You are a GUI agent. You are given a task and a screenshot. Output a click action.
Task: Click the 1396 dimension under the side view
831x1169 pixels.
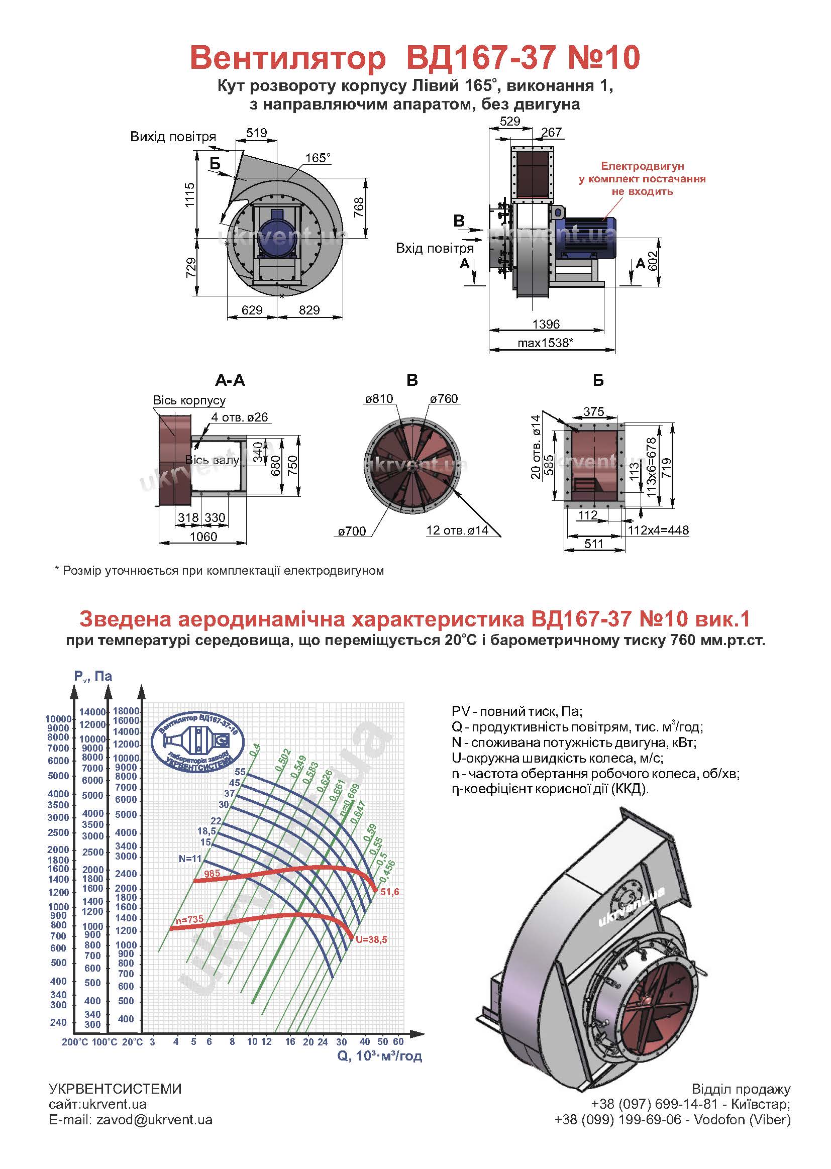(546, 324)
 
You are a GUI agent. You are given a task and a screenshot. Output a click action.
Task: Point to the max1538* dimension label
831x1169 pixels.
(545, 342)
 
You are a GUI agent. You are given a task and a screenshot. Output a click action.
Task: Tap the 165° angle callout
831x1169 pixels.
(318, 158)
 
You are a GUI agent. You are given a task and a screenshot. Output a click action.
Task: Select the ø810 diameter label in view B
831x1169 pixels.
(379, 398)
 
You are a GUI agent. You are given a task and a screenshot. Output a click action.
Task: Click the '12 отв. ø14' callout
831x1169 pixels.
(457, 530)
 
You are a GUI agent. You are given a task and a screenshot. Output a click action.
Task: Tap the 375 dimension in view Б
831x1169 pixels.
(593, 411)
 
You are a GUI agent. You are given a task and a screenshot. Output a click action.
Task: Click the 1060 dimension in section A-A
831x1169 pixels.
(203, 536)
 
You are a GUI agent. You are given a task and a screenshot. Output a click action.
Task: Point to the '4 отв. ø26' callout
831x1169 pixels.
(240, 417)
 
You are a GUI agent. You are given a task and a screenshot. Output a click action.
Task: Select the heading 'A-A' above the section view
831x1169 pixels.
(230, 380)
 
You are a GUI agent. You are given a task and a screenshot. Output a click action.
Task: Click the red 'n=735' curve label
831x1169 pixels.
(189, 919)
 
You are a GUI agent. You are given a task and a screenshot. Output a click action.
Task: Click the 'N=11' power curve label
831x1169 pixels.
(190, 859)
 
